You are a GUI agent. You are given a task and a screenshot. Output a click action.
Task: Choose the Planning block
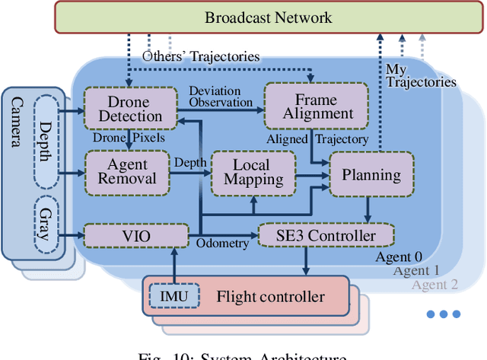(371, 174)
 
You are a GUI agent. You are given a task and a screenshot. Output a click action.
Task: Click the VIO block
(135, 236)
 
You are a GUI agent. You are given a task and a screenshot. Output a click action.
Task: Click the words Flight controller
(270, 297)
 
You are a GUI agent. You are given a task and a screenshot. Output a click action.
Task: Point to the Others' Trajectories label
(201, 56)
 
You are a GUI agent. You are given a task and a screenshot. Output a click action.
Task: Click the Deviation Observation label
(221, 97)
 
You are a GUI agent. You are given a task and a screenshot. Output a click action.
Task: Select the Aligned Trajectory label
(317, 139)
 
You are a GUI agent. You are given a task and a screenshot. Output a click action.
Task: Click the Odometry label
(222, 243)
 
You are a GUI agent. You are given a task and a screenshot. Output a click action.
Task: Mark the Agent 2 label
(436, 285)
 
